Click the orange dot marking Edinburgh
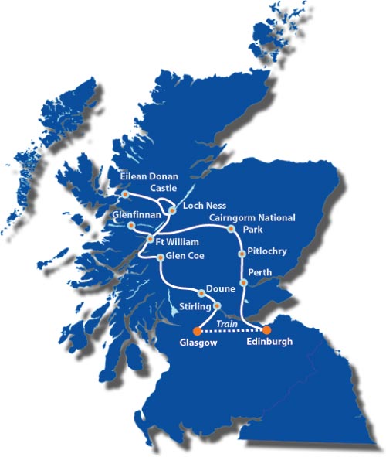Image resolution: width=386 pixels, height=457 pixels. pyautogui.click(x=266, y=329)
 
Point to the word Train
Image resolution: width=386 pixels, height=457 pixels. pyautogui.click(x=226, y=323)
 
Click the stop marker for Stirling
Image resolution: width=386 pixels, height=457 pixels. pyautogui.click(x=216, y=306)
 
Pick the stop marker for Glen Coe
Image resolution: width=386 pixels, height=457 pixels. pyautogui.click(x=160, y=257)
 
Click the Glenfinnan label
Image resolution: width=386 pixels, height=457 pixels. pyautogui.click(x=137, y=213)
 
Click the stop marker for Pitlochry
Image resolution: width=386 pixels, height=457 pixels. pyautogui.click(x=243, y=251)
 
